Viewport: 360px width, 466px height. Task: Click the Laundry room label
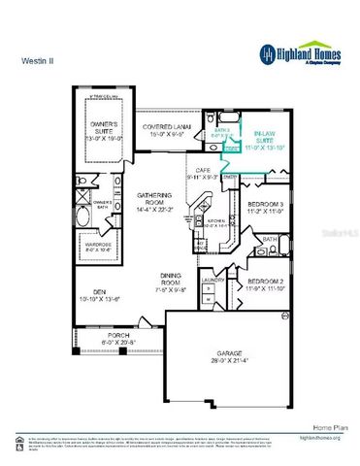[213, 281]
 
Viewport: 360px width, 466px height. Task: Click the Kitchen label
[217, 221]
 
